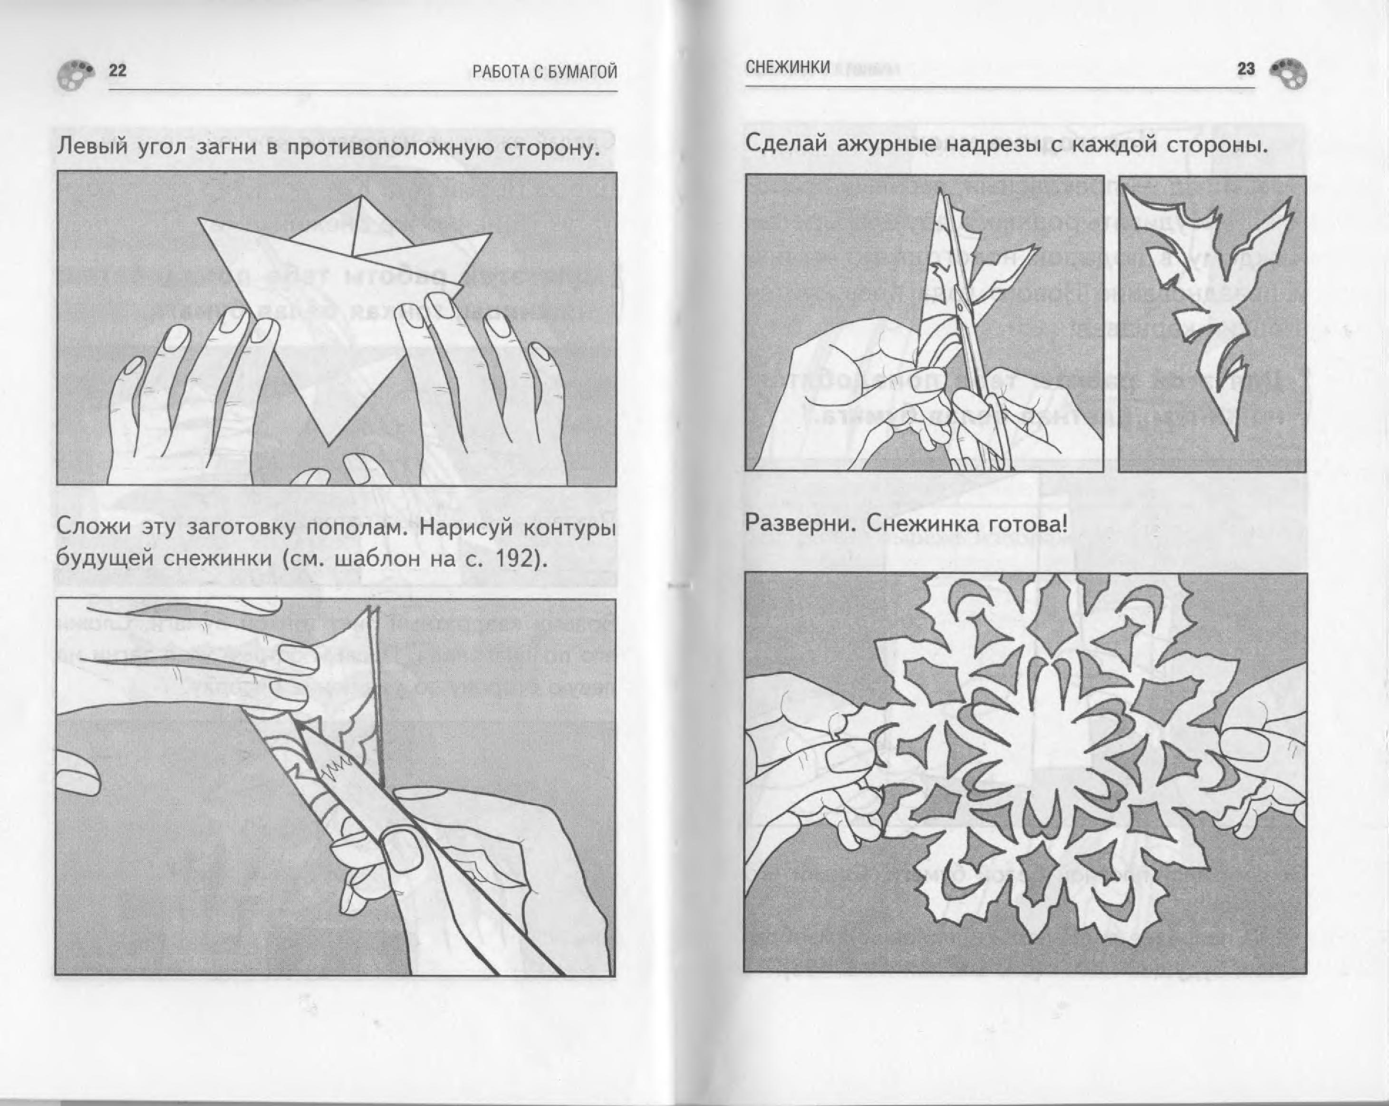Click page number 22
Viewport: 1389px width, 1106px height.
tap(117, 70)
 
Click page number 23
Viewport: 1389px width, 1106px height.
tap(1246, 69)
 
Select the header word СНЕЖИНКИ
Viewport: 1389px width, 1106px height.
tap(787, 67)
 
